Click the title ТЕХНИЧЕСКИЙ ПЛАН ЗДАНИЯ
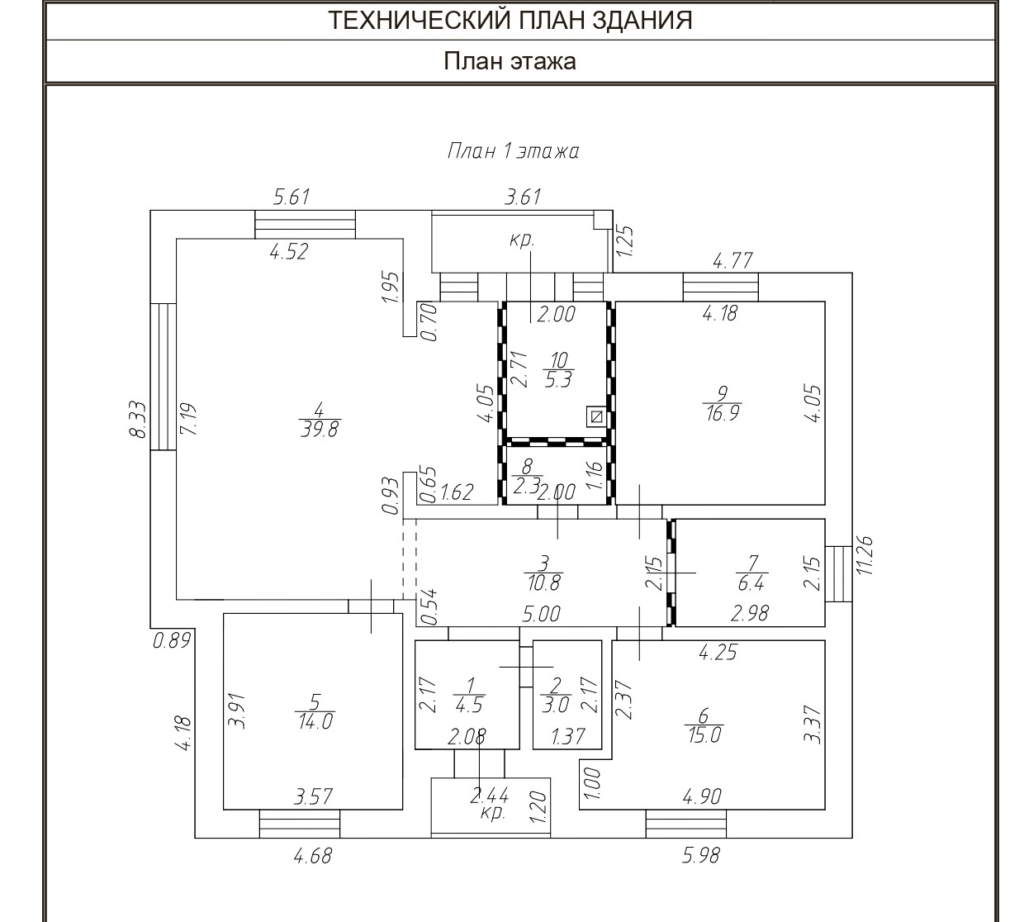tap(510, 21)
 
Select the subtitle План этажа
tap(510, 61)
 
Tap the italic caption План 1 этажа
tap(513, 151)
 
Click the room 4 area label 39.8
tap(320, 419)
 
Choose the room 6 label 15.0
tap(704, 725)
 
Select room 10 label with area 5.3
tap(559, 371)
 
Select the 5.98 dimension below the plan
tap(701, 856)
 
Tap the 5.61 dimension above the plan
tap(291, 197)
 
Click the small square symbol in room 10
tap(595, 416)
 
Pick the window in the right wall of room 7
tap(839, 573)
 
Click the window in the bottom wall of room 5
tap(300, 824)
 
